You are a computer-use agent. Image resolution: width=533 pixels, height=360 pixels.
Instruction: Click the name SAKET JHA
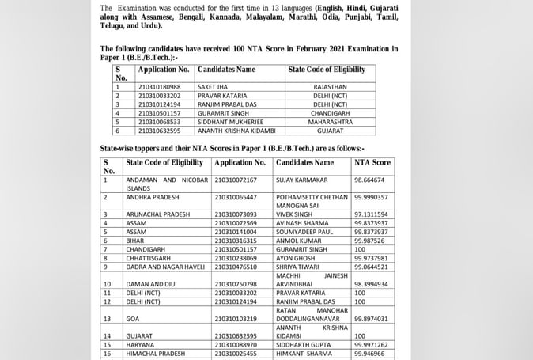[213, 86]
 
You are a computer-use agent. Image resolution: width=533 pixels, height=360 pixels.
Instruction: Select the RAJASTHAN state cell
[330, 86]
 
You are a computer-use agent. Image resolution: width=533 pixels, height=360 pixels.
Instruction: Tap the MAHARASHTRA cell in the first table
[330, 122]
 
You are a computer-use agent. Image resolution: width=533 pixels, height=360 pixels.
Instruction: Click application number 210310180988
[159, 86]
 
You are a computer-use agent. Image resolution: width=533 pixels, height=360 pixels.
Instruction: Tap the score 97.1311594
[372, 214]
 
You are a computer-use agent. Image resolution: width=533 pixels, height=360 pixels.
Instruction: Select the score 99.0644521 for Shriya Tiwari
[372, 267]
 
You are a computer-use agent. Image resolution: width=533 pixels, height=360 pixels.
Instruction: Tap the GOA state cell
[133, 318]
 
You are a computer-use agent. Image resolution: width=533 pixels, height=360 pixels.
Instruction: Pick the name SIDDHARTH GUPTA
[304, 345]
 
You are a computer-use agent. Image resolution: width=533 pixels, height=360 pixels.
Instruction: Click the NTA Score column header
[372, 162]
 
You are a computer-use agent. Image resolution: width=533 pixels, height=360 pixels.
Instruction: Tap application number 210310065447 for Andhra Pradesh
[235, 197]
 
